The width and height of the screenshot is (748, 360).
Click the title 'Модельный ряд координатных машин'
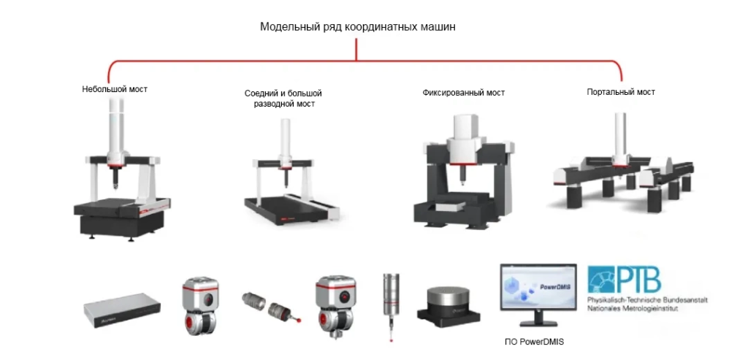coord(358,26)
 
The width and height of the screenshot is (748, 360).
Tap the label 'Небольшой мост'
coord(115,89)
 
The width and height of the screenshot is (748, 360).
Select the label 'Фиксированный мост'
coord(463,93)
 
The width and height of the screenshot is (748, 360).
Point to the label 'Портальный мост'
coord(621,92)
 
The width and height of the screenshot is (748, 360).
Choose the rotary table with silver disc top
coord(449,301)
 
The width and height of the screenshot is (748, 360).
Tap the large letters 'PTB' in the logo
coord(638,279)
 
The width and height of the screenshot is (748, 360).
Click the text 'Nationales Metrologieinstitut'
coord(633,309)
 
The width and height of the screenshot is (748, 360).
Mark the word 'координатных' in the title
coord(383,26)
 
